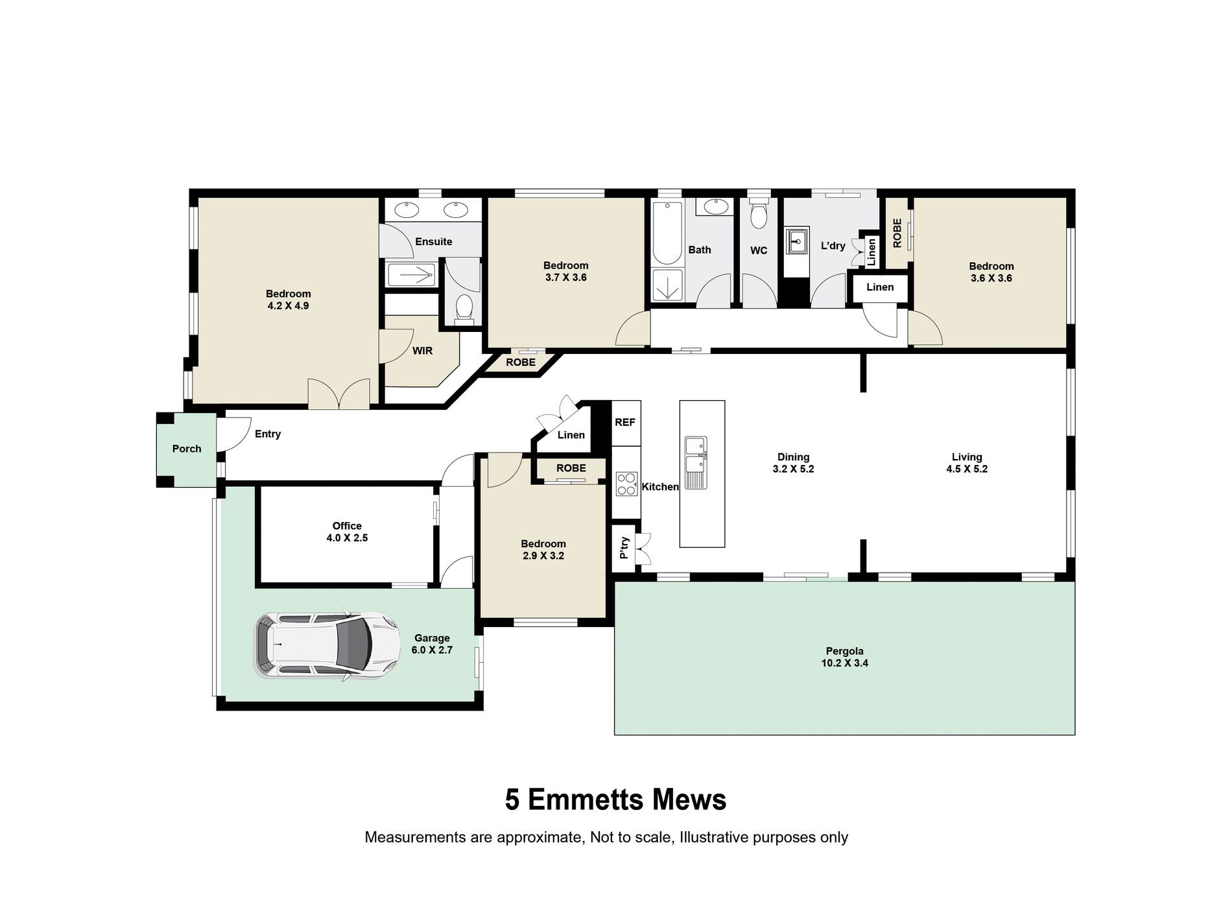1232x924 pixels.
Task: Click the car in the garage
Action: pos(327,646)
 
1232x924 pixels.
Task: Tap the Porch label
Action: pos(187,449)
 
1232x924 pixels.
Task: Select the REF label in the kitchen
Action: pos(625,422)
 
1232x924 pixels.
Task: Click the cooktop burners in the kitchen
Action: pos(626,484)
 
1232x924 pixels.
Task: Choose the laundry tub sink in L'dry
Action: pos(797,243)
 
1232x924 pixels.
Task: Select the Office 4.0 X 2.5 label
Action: pos(347,532)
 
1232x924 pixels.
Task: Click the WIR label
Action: pos(423,351)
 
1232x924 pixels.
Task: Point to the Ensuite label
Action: pos(434,241)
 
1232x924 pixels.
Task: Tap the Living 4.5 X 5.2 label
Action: pos(967,463)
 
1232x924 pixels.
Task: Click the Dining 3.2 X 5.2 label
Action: pos(793,463)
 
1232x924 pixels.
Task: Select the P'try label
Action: pos(624,548)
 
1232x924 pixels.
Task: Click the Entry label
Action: pos(268,434)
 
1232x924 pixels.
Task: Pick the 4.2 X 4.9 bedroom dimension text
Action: pos(288,305)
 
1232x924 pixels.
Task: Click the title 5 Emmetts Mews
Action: pos(616,800)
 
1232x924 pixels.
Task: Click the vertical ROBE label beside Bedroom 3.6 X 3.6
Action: pos(897,233)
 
